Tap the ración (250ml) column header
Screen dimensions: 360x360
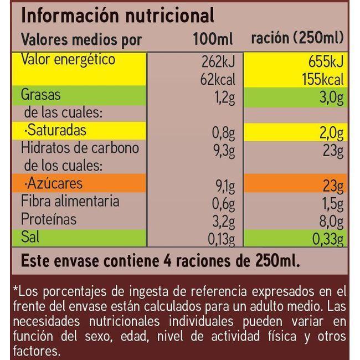pyautogui.click(x=297, y=39)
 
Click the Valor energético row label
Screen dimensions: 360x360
pyautogui.click(x=68, y=60)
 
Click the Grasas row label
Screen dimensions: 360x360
pyautogui.click(x=40, y=95)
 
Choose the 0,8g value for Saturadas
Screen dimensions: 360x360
pyautogui.click(x=225, y=135)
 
